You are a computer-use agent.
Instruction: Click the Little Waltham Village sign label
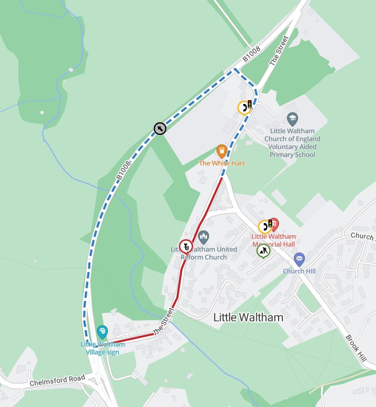[103, 348]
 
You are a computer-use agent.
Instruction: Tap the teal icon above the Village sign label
[102, 332]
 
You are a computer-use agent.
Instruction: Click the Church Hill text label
[299, 272]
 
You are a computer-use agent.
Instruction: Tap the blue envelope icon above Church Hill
[299, 259]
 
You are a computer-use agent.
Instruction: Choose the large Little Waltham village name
[248, 317]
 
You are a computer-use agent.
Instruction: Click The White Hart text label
[222, 163]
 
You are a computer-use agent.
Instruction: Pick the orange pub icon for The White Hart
[222, 151]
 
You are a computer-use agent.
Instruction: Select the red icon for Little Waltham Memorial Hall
[274, 224]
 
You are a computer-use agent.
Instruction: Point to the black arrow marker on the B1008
[160, 128]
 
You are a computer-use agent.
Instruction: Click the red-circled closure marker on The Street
[186, 246]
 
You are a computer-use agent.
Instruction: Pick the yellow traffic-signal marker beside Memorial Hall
[265, 227]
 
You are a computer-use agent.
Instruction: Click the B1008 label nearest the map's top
[252, 53]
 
